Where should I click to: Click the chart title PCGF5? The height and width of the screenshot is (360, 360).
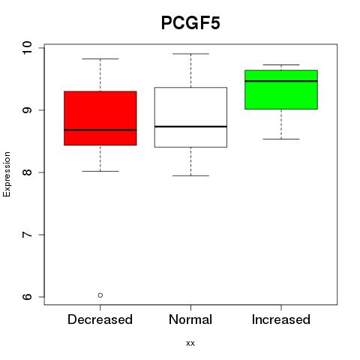pyautogui.click(x=190, y=22)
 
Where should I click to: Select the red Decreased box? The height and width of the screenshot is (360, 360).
pyautogui.click(x=100, y=118)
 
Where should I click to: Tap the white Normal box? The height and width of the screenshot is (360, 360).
pyautogui.click(x=190, y=117)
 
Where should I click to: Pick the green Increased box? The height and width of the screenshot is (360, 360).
pyautogui.click(x=281, y=89)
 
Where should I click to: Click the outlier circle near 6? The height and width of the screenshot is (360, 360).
pyautogui.click(x=100, y=295)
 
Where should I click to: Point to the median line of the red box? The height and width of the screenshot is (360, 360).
pyautogui.click(x=100, y=130)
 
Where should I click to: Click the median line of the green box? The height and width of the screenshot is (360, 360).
pyautogui.click(x=281, y=81)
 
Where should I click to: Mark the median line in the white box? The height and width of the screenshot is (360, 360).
pyautogui.click(x=190, y=127)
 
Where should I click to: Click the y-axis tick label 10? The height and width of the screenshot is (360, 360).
pyautogui.click(x=27, y=47)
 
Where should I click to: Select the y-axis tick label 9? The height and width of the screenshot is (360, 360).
pyautogui.click(x=27, y=110)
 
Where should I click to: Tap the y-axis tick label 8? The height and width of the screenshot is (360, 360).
pyautogui.click(x=27, y=172)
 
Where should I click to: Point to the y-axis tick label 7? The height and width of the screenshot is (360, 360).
pyautogui.click(x=27, y=235)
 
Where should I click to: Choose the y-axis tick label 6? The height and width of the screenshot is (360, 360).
pyautogui.click(x=27, y=297)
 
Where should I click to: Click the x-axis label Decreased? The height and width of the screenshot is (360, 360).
pyautogui.click(x=100, y=319)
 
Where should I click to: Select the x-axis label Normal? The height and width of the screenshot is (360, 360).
pyautogui.click(x=190, y=319)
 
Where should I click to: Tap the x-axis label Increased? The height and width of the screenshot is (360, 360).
pyautogui.click(x=281, y=319)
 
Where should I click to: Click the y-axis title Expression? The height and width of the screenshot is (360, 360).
pyautogui.click(x=7, y=174)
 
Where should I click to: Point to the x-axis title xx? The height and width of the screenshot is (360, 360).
pyautogui.click(x=190, y=343)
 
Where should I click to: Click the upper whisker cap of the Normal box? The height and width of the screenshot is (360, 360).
pyautogui.click(x=190, y=54)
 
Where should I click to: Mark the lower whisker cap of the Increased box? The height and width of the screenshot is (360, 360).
pyautogui.click(x=281, y=139)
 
